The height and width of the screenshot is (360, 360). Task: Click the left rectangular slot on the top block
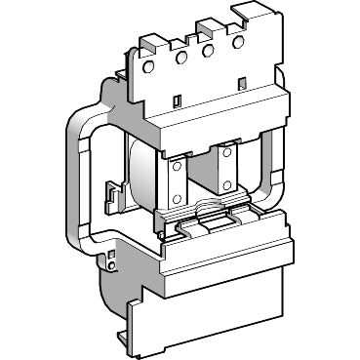point(177,101)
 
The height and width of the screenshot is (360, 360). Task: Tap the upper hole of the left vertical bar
point(177,168)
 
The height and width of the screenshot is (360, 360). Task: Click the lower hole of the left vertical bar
point(177,199)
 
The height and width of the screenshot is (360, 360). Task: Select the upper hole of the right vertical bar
point(228,154)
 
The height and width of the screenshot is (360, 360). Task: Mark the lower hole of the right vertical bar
point(228,184)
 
